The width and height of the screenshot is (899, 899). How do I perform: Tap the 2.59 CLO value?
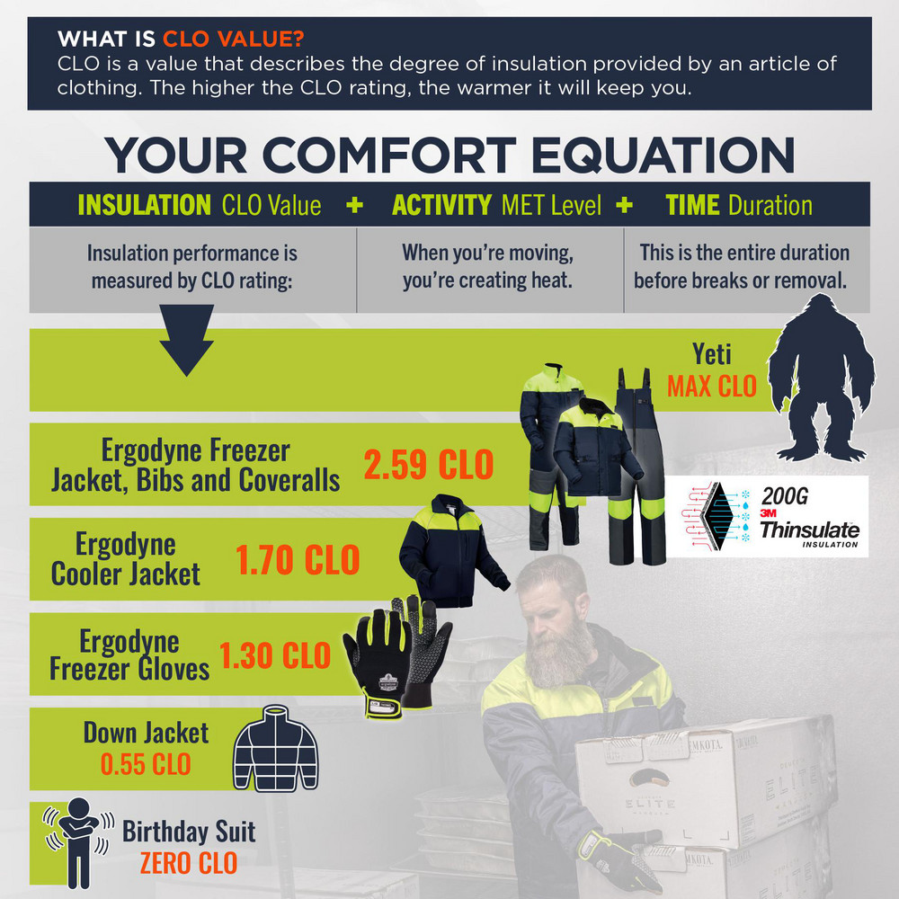coord(429,465)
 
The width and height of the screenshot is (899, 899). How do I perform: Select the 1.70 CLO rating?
coord(298,559)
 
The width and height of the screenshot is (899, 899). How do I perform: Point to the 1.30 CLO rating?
coord(275,655)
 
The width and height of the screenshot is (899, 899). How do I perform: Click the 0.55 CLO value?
coord(146,764)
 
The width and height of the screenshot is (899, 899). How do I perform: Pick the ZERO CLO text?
coord(189,862)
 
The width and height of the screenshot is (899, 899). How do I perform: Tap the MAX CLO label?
coord(713,386)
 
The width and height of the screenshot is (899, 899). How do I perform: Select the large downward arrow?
coord(187,340)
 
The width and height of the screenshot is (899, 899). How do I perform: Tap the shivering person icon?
coord(79,841)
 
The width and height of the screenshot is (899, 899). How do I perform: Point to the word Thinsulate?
coord(809,529)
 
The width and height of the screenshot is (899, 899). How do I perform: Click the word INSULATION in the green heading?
coord(145,205)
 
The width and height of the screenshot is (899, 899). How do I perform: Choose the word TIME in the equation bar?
coord(693,205)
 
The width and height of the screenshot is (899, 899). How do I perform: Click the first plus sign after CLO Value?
coord(354,205)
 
